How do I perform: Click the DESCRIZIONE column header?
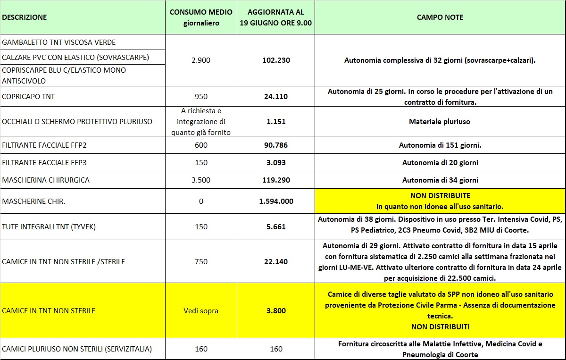pos(25,17)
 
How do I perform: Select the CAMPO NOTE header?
pos(440,17)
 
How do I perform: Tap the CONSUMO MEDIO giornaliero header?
pos(201,17)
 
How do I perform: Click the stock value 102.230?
pos(276,60)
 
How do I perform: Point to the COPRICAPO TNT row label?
pos(29,97)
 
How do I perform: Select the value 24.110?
pos(276,97)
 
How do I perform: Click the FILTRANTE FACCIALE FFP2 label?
pos(45,145)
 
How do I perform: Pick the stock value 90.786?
pos(276,145)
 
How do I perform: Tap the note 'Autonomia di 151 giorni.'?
pos(440,145)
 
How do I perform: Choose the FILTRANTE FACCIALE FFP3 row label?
pos(45,163)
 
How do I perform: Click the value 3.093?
pos(276,163)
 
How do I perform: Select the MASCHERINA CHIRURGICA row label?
pos(46,180)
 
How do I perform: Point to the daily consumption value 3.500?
pos(201,180)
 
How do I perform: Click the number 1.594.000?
pos(276,201)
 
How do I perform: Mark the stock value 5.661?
pos(276,227)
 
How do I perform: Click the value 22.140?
pos(276,262)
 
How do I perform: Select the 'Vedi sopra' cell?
pos(201,311)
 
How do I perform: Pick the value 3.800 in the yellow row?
pos(276,311)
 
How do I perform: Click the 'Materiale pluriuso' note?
pos(440,122)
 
